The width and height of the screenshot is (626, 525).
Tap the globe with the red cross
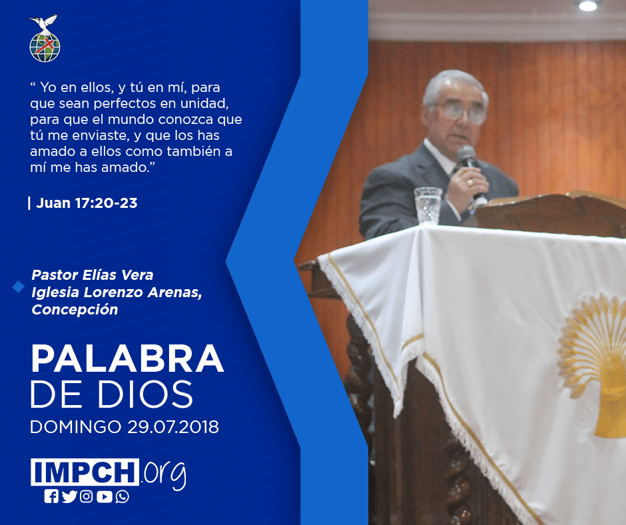pyautogui.click(x=45, y=47)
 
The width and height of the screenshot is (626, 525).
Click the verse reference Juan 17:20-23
pyautogui.click(x=87, y=203)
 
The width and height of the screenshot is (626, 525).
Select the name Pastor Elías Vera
pyautogui.click(x=92, y=275)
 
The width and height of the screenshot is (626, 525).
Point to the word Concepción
pyautogui.click(x=75, y=310)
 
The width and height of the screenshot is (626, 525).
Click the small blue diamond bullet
pyautogui.click(x=19, y=286)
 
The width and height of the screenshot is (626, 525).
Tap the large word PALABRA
pyautogui.click(x=127, y=358)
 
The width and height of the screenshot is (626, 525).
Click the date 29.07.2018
pyautogui.click(x=173, y=426)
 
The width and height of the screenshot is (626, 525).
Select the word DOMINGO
pyautogui.click(x=75, y=426)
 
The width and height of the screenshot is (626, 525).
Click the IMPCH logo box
pyautogui.click(x=85, y=472)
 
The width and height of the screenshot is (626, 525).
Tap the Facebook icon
pyautogui.click(x=51, y=496)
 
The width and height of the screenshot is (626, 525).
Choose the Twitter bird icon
pyautogui.click(x=69, y=496)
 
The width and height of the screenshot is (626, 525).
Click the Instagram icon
pyautogui.click(x=86, y=496)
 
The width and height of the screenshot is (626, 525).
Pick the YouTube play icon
pyautogui.click(x=104, y=496)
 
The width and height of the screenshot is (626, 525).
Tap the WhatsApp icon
pyautogui.click(x=122, y=496)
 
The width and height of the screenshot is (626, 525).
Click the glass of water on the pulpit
pyautogui.click(x=428, y=205)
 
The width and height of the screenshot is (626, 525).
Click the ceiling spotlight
pyautogui.click(x=587, y=5)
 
